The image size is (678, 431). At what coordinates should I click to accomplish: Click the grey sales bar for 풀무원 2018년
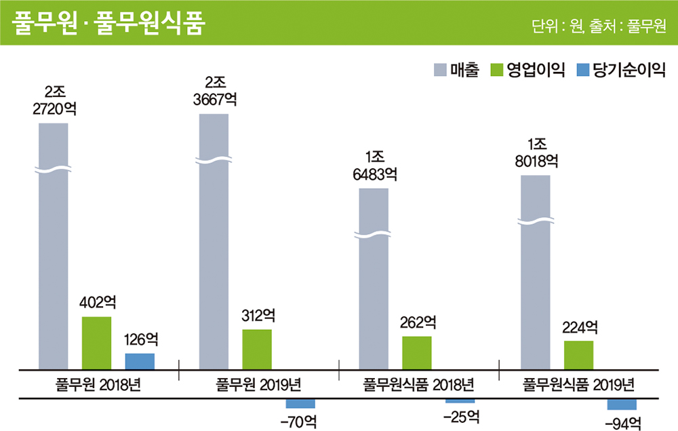(53, 271)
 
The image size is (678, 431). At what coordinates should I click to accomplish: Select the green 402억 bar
(96, 343)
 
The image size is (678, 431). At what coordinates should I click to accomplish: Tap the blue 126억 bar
(140, 361)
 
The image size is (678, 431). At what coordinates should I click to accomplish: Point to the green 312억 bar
(257, 349)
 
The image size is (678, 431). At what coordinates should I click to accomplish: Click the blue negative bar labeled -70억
(300, 403)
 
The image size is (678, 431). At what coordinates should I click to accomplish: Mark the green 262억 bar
(416, 352)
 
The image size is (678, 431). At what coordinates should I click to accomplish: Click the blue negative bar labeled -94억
(622, 405)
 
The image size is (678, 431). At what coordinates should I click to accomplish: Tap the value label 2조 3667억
(214, 91)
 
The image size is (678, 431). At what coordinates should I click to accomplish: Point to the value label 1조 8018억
(536, 153)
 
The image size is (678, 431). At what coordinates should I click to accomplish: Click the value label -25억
(460, 417)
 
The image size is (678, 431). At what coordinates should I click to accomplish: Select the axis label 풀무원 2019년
(258, 385)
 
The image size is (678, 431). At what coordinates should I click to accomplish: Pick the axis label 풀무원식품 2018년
(418, 385)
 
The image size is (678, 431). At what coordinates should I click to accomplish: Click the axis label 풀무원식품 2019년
(579, 385)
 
